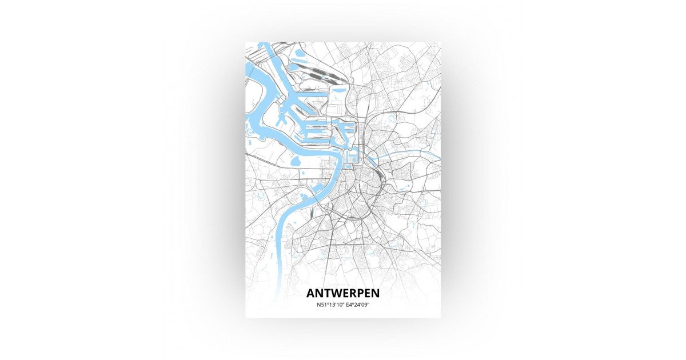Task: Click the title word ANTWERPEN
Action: [342, 293]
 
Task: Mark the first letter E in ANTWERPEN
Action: [344, 293]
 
